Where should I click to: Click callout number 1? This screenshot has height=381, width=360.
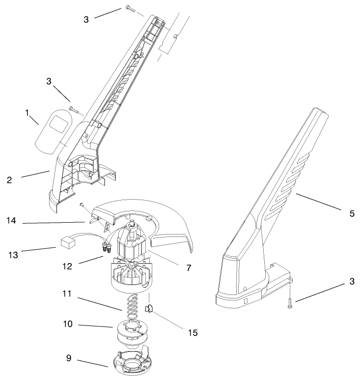(x=28, y=113)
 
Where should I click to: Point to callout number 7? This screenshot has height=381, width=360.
(x=188, y=268)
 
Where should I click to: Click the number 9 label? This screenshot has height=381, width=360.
(x=68, y=358)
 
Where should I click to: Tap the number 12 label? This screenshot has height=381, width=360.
(x=68, y=266)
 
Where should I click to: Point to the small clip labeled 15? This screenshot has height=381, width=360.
(x=149, y=309)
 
